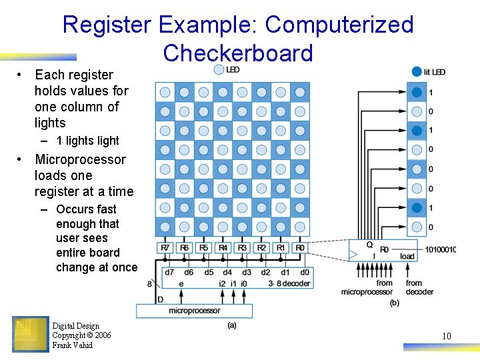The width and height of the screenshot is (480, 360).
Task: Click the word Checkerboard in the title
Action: pos(237,53)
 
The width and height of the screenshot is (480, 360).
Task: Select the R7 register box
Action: pos(165,248)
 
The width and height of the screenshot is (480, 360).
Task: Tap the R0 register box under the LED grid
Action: pos(300,248)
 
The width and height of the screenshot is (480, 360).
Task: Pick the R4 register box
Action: pos(223,248)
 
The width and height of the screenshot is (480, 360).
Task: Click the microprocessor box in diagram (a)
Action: pos(194,311)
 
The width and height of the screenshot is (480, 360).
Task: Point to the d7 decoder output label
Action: pos(169,272)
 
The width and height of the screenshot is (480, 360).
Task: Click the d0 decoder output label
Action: pos(305,272)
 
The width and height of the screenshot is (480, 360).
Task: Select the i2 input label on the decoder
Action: pos(222,283)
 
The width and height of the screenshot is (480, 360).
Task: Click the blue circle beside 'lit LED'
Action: pos(417,71)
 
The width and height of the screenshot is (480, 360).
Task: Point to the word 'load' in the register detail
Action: pos(407,256)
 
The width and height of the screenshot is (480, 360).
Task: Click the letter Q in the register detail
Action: pos(369,245)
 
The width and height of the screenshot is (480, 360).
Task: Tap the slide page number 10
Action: pos(447,336)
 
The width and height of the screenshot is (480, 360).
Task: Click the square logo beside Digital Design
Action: pos(31,334)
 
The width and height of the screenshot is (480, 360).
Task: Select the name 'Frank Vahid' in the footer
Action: pos(73,345)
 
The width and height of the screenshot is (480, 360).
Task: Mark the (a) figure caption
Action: pos(231,325)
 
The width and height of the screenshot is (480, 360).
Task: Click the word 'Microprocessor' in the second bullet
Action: pos(80,159)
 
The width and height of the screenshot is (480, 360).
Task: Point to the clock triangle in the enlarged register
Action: pos(353,254)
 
